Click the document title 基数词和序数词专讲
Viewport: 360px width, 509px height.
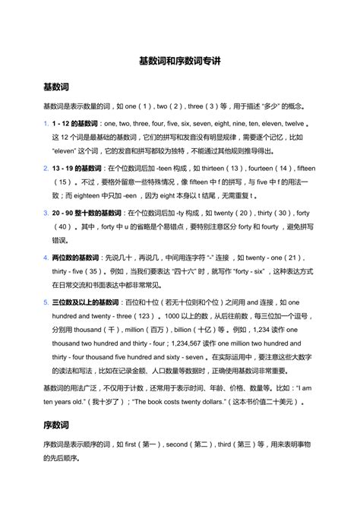[179, 58]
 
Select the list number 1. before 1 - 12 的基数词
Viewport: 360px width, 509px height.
[46, 123]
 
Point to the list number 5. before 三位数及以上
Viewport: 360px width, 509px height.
[46, 302]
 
